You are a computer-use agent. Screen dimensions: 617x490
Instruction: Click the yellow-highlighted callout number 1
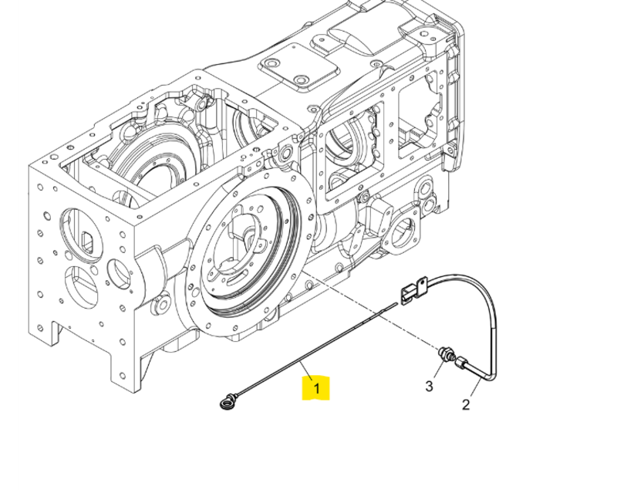click(x=316, y=388)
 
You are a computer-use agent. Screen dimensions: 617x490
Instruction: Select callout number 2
click(x=466, y=404)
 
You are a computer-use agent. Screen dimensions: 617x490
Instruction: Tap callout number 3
click(x=429, y=386)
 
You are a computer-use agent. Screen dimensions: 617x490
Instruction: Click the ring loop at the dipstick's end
click(x=226, y=404)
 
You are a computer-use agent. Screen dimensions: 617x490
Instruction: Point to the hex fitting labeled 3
click(x=447, y=353)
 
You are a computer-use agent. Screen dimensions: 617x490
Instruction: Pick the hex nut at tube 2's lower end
click(x=461, y=362)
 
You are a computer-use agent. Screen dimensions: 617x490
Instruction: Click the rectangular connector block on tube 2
click(x=407, y=295)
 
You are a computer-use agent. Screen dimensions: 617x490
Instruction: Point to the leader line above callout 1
click(x=307, y=370)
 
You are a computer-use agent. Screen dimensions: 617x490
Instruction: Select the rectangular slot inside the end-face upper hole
click(x=87, y=242)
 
